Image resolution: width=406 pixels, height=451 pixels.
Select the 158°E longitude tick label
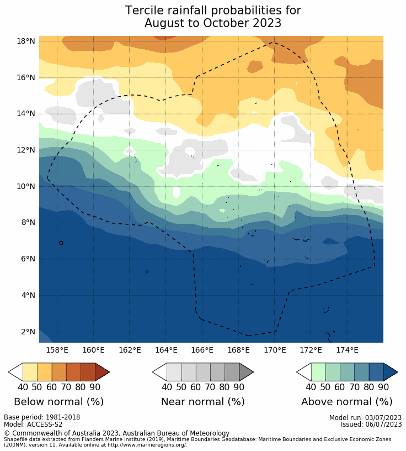57,350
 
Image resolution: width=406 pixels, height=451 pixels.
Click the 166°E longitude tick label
202,350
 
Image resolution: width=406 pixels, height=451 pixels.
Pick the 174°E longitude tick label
347,350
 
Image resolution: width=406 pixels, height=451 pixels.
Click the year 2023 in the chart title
267,23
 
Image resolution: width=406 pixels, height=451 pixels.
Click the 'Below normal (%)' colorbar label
58,402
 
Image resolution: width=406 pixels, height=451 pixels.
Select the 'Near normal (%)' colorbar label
202,402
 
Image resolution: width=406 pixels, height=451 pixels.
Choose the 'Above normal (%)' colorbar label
346,402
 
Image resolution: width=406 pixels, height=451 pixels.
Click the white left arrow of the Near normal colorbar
159,372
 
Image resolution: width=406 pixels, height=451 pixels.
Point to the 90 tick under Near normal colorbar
239,387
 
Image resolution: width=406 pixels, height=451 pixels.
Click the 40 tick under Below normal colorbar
23,387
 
